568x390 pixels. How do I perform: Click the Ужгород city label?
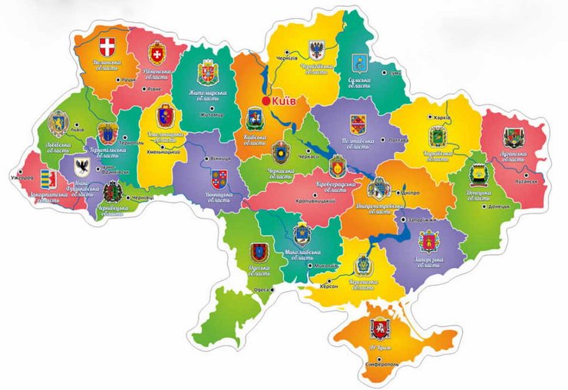21,177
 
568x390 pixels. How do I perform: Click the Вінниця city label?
210,160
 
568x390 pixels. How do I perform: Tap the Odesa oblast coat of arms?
259,252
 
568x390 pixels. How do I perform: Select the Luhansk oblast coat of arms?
513,138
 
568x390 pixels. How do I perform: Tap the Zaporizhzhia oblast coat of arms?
428,242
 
